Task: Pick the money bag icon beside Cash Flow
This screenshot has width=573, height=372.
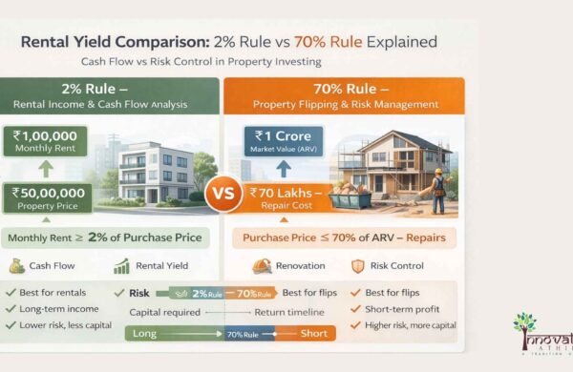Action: coord(17,267)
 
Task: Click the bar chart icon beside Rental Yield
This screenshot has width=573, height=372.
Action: coord(121,267)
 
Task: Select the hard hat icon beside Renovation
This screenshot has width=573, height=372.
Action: coord(263,267)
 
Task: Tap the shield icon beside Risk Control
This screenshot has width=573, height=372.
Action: coord(358,267)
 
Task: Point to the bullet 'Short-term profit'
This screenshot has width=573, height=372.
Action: coord(401,308)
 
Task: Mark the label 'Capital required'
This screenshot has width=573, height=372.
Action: coord(162,312)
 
